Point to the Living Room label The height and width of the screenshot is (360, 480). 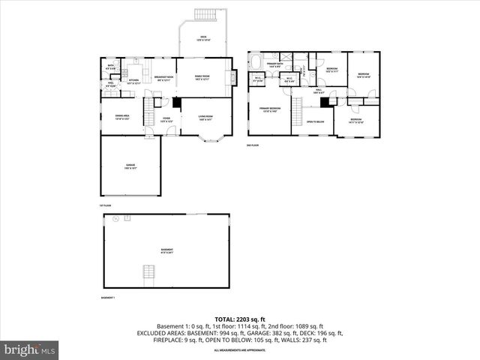205,117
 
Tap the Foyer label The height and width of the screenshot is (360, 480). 166,118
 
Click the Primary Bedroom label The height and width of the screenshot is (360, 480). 270,109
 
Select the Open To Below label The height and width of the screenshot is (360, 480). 315,121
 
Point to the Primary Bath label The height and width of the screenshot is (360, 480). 274,65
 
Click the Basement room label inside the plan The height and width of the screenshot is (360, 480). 166,250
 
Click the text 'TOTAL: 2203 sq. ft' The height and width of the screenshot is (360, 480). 239,319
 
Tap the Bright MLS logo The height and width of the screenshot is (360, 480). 30,349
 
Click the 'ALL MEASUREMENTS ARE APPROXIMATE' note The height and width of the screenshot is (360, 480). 239,350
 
